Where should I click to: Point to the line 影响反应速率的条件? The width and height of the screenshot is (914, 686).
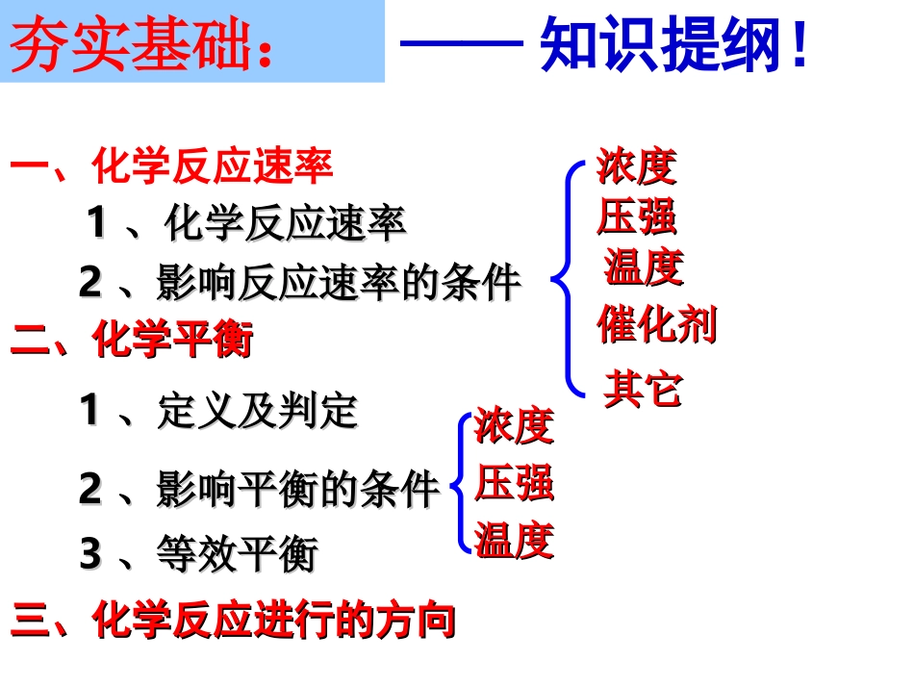point(299,282)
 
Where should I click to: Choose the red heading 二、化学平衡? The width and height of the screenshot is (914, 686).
point(132,340)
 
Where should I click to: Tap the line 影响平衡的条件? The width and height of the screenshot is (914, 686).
point(260,490)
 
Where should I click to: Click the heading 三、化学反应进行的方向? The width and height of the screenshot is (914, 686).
point(232,621)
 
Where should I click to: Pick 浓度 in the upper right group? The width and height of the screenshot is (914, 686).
point(636,167)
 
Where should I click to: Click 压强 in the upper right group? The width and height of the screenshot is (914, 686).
point(636,216)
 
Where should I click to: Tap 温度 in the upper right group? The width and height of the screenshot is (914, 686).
point(644,267)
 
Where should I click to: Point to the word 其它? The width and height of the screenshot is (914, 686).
point(643,390)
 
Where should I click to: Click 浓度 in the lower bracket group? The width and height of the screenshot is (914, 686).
point(515,426)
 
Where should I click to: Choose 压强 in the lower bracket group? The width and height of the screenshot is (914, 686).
point(515,483)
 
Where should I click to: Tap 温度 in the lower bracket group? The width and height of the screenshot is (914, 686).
point(515,541)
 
